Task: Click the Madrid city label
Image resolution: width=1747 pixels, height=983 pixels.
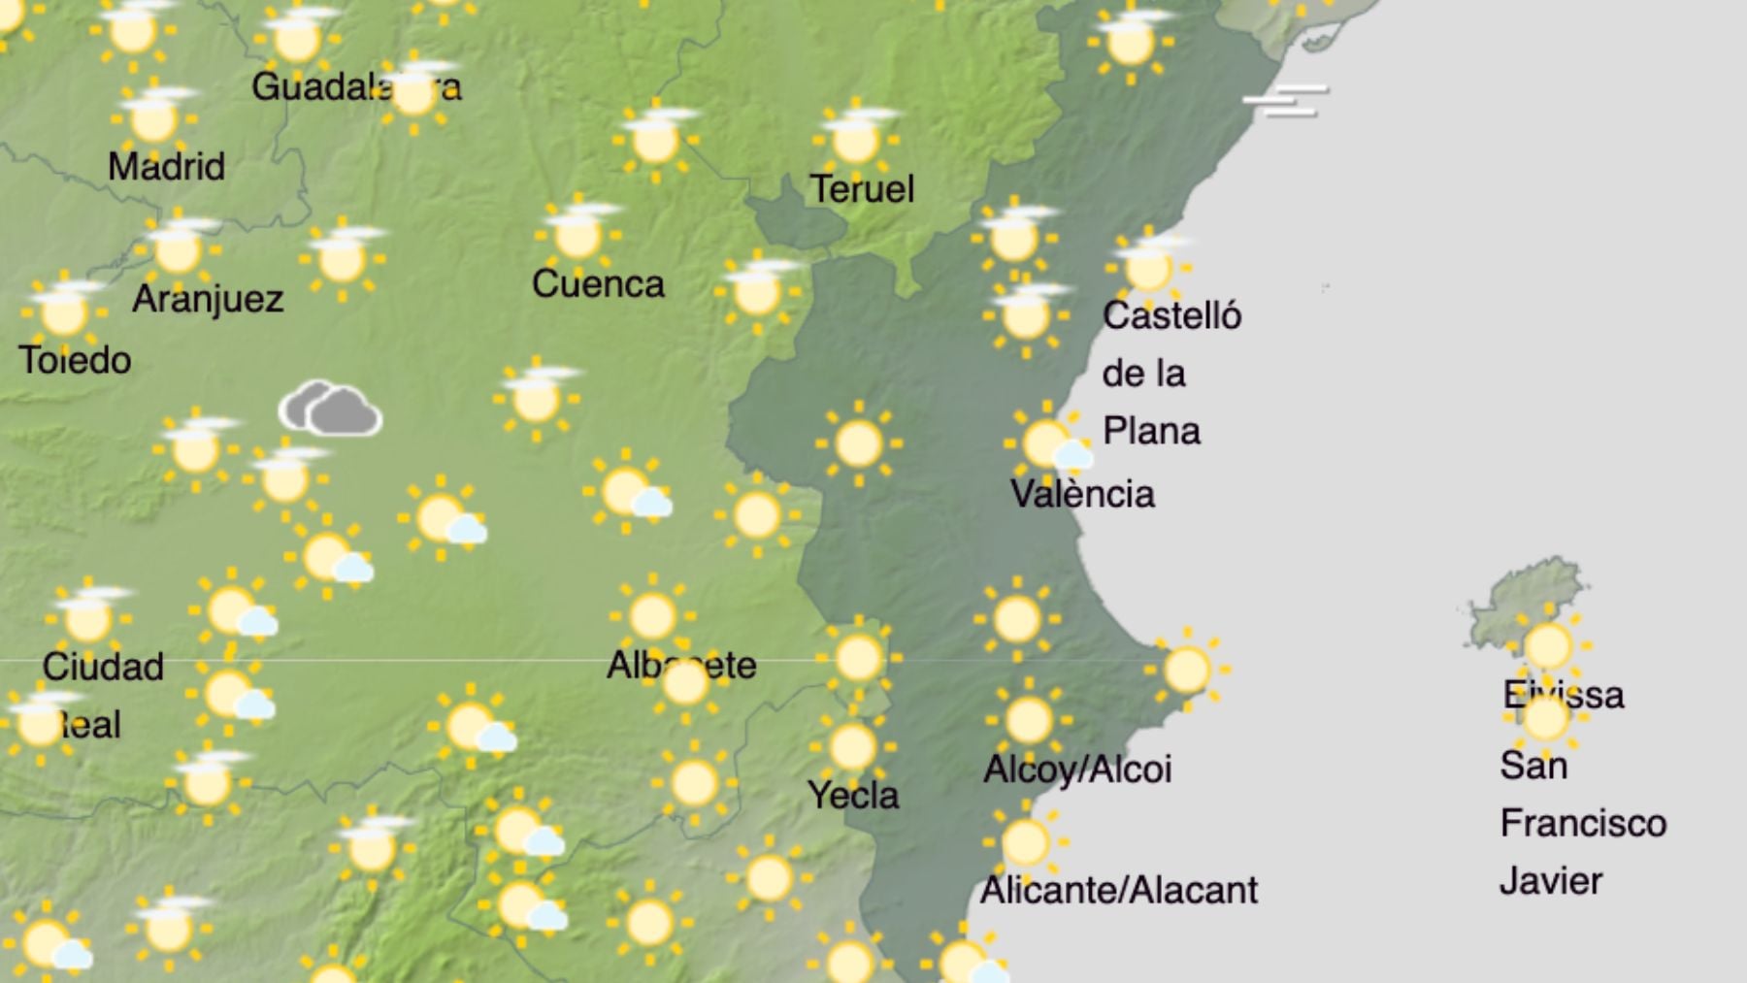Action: pos(166,167)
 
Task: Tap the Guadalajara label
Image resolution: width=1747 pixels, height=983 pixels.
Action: pos(356,87)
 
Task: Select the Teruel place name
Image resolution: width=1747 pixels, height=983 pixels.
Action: pos(862,189)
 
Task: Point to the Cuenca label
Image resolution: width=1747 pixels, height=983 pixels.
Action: pos(598,284)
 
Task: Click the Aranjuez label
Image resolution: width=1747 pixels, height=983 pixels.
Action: pos(208,299)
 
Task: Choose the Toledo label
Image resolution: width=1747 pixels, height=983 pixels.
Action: pos(75,361)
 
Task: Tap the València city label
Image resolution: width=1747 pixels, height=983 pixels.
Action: pos(1082,495)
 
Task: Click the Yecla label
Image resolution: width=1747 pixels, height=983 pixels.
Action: pos(853,796)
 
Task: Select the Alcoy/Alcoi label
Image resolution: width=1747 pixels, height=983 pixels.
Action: pos(1077,770)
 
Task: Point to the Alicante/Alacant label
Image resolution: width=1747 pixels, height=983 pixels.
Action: pos(1118,890)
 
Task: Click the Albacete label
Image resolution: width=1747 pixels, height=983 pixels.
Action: pos(681,666)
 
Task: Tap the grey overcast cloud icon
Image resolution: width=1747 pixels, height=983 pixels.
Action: pos(331,410)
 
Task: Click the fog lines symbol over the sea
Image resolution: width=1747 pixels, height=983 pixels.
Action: pos(1286,101)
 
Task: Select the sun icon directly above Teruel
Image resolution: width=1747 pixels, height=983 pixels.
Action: pos(854,139)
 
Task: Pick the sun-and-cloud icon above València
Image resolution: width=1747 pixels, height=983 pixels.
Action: pos(1048,443)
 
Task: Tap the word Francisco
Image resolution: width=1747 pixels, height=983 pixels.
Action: pos(1583,824)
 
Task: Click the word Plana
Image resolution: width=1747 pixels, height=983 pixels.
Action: pos(1151,432)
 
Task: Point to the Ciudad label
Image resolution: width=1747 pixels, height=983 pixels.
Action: pos(103,668)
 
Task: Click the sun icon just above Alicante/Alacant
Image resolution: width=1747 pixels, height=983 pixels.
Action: pos(1025,842)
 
